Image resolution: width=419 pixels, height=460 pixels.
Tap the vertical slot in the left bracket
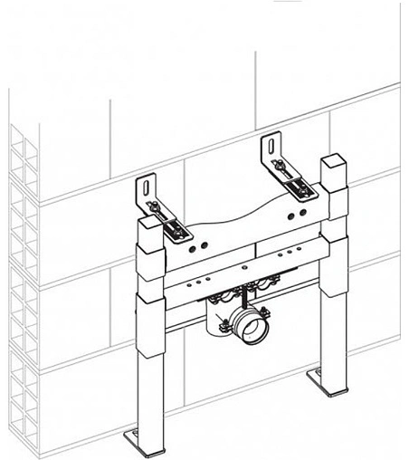(x=145, y=191)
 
